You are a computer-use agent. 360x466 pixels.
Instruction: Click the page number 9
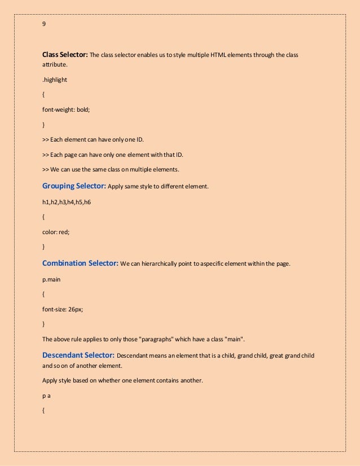[x=45, y=24]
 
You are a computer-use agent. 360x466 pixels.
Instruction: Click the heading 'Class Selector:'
[x=65, y=55]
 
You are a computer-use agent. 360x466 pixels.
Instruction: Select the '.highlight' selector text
[x=55, y=80]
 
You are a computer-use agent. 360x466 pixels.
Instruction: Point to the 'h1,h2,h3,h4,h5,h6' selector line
[x=67, y=201]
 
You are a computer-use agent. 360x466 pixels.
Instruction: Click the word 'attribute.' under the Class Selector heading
[x=55, y=65]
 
